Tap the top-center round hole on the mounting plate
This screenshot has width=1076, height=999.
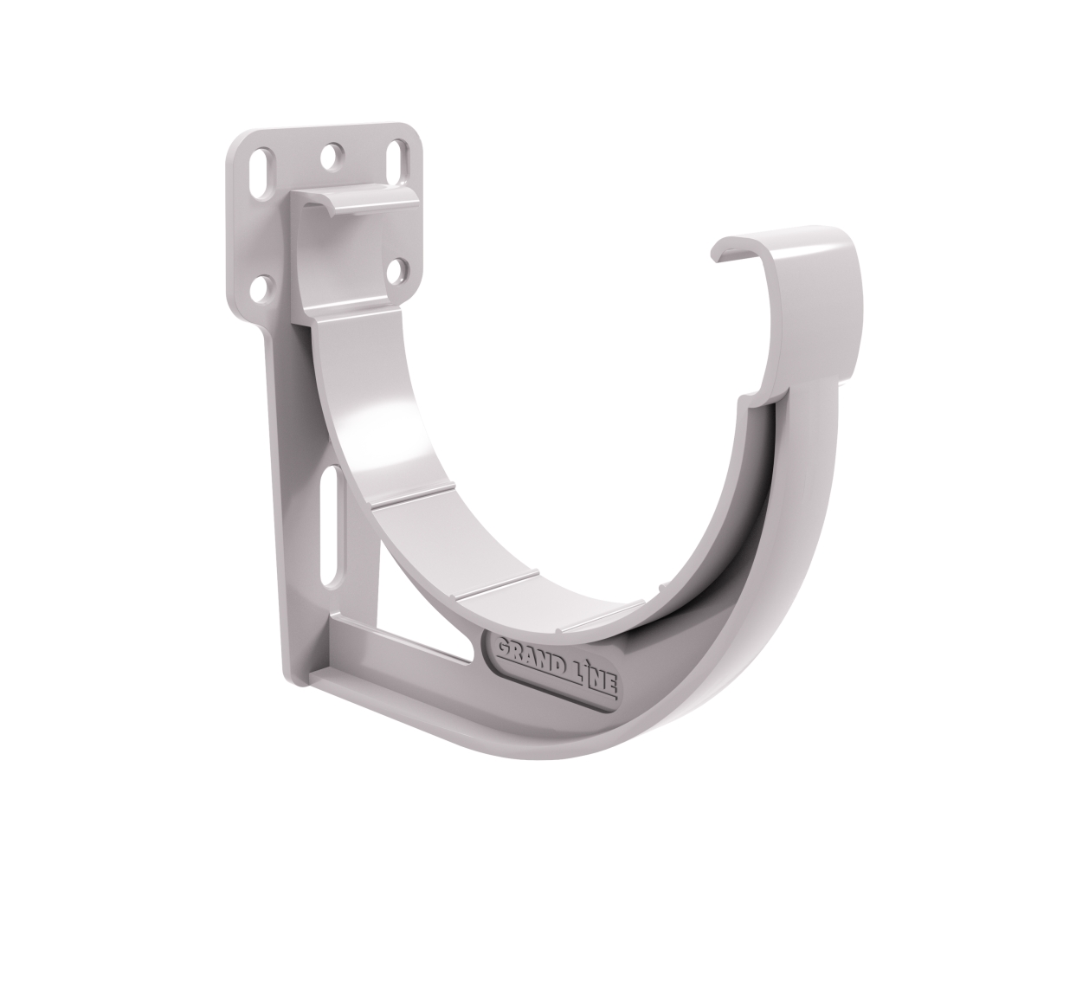coord(330,156)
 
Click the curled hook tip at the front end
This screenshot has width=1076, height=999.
coord(725,250)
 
